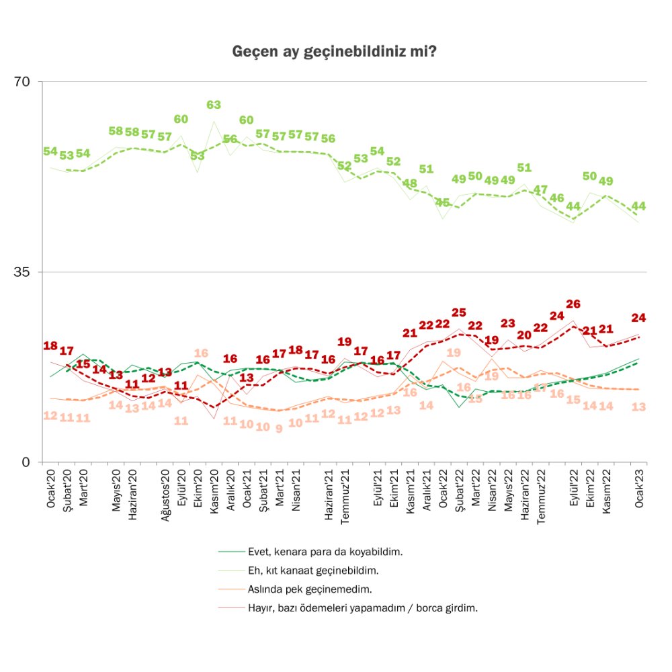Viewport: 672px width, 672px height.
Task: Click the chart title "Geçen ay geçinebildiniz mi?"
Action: (x=334, y=52)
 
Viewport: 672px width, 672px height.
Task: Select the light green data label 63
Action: (x=214, y=105)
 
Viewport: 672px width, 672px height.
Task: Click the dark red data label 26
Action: (x=573, y=304)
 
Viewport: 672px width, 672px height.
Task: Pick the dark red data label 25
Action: (x=459, y=312)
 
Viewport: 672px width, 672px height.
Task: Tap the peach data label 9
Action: (x=279, y=428)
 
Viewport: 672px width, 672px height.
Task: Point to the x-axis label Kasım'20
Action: (x=214, y=491)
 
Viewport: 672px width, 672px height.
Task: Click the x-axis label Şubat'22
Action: (x=460, y=490)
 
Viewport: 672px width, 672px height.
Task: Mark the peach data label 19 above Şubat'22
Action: (x=454, y=353)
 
